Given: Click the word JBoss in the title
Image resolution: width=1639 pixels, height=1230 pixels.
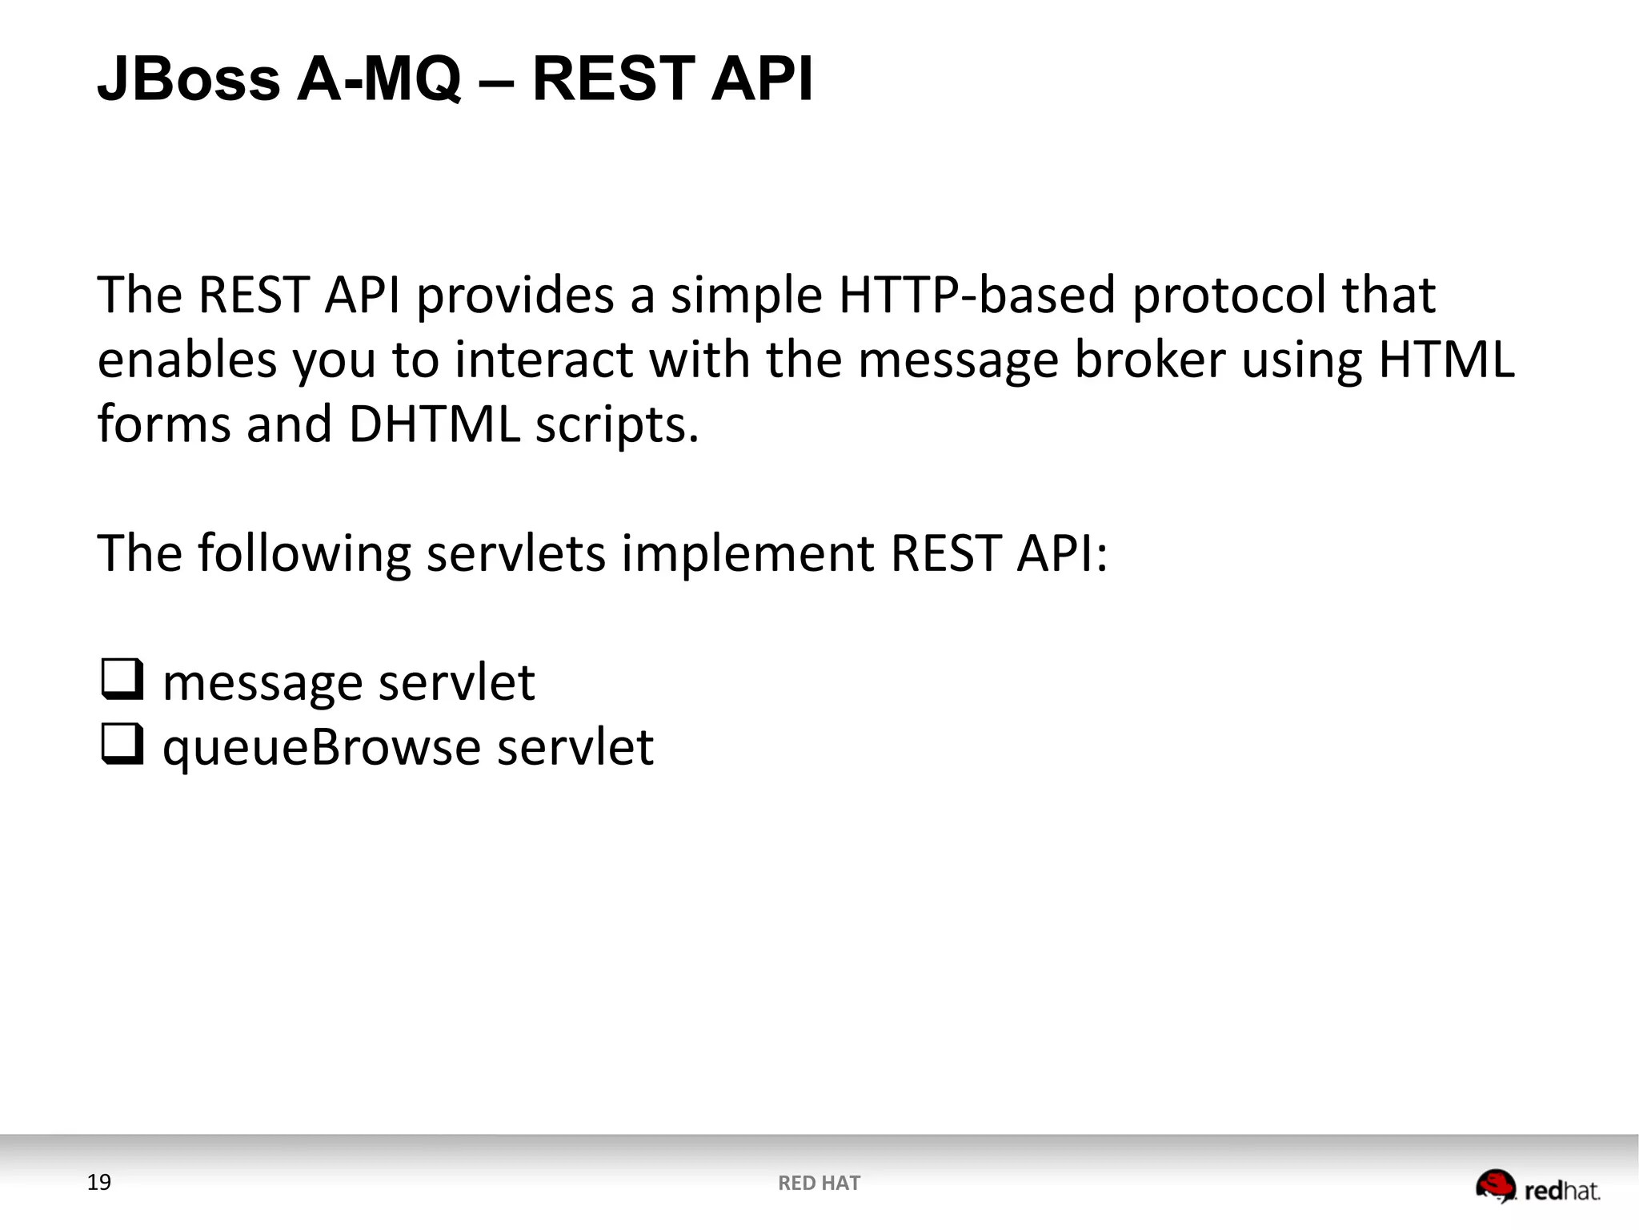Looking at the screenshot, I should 189,79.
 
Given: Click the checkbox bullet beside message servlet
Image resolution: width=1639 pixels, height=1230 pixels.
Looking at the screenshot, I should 122,679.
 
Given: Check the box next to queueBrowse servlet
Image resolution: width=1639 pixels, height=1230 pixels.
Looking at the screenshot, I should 122,744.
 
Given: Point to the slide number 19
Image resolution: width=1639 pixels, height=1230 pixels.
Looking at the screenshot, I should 98,1182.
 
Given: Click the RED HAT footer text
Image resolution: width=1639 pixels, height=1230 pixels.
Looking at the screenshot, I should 819,1183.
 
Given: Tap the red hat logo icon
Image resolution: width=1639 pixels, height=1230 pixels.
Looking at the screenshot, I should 1495,1186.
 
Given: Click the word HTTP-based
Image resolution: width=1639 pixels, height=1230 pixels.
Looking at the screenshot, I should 977,295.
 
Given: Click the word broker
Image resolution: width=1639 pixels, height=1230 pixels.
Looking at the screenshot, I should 1149,360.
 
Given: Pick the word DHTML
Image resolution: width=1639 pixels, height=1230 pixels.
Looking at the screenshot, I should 435,424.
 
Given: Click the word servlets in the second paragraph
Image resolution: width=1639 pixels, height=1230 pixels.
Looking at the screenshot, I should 516,553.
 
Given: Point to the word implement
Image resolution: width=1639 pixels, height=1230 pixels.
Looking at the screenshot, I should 747,555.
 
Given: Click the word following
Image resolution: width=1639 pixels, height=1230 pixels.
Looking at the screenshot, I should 304,555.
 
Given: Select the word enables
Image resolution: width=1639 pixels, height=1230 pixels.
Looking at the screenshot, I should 187,360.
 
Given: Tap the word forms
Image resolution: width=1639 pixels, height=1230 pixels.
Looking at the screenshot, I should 164,424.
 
